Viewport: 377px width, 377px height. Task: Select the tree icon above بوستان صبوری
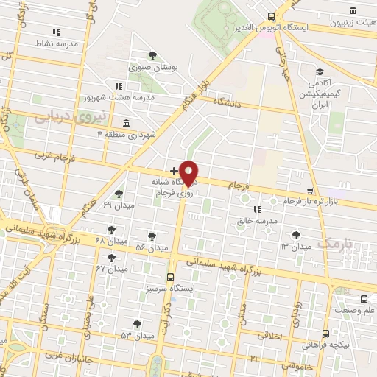152,55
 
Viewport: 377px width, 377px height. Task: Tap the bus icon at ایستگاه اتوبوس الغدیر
272,16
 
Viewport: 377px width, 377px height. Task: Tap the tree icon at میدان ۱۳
296,235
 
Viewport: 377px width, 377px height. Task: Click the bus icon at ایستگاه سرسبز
171,278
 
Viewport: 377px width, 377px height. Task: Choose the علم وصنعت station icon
364,299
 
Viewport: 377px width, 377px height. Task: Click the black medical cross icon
173,171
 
